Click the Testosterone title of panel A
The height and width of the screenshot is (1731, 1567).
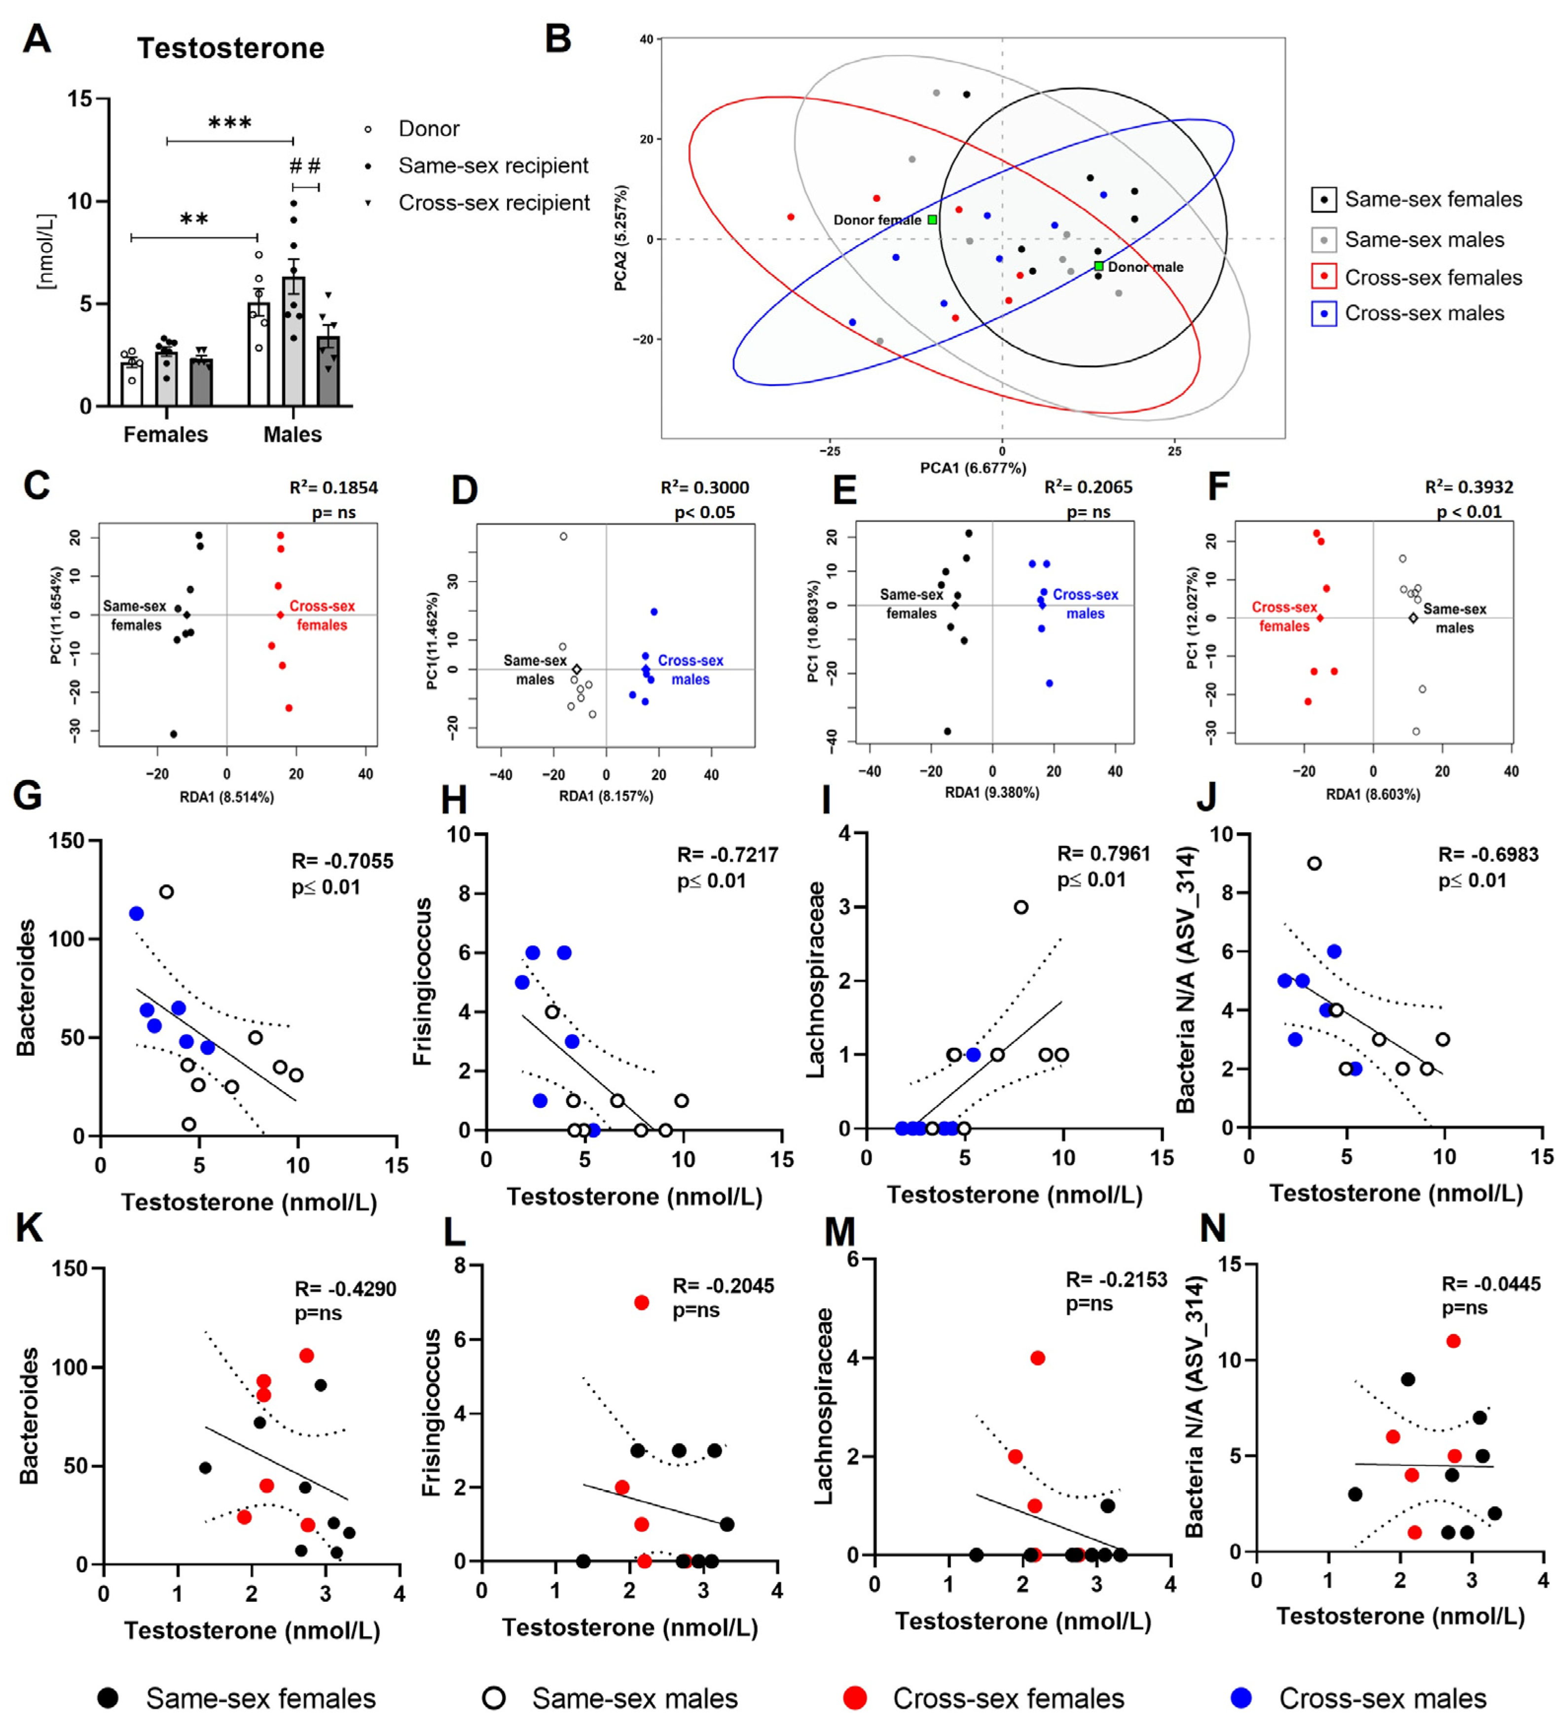230,48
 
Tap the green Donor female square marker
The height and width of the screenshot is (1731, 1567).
933,220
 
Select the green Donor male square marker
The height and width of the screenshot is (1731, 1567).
1099,266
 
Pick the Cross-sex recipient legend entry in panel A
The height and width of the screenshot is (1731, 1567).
494,203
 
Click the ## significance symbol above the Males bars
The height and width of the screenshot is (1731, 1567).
305,166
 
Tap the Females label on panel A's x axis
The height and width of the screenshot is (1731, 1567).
166,435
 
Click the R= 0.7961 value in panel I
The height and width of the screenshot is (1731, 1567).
1103,853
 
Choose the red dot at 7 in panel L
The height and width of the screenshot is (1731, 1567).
641,1302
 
